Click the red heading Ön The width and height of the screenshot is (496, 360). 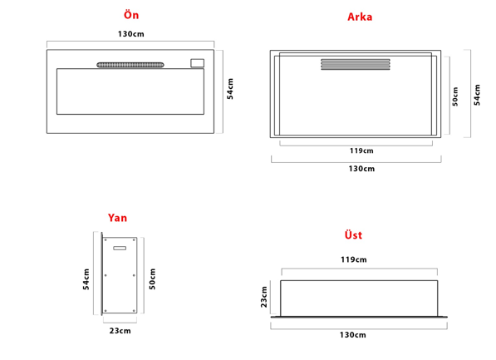click(x=131, y=15)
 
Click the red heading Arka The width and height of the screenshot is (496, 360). click(x=360, y=17)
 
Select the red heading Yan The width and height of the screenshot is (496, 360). click(x=117, y=218)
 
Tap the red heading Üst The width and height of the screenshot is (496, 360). click(x=353, y=235)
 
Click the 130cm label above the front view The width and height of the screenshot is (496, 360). click(x=131, y=34)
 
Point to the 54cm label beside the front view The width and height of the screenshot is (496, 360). click(x=230, y=89)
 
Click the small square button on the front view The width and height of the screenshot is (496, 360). click(x=198, y=63)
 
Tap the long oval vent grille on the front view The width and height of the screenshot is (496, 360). click(x=130, y=65)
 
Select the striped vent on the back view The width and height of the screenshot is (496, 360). click(x=356, y=64)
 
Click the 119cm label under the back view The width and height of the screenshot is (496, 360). click(x=361, y=150)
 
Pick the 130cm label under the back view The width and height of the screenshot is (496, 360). click(x=361, y=169)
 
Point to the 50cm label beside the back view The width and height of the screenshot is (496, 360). click(x=455, y=96)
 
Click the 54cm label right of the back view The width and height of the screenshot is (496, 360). click(x=477, y=95)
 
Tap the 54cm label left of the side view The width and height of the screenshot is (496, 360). click(x=86, y=279)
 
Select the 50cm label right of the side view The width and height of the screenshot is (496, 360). click(x=153, y=279)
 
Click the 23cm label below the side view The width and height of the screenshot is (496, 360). click(x=120, y=331)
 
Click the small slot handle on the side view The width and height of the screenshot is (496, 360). click(x=120, y=249)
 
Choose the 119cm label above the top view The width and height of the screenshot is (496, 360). click(x=354, y=259)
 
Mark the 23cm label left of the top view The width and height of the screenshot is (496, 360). click(x=264, y=297)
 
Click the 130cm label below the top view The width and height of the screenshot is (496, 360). click(x=353, y=335)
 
